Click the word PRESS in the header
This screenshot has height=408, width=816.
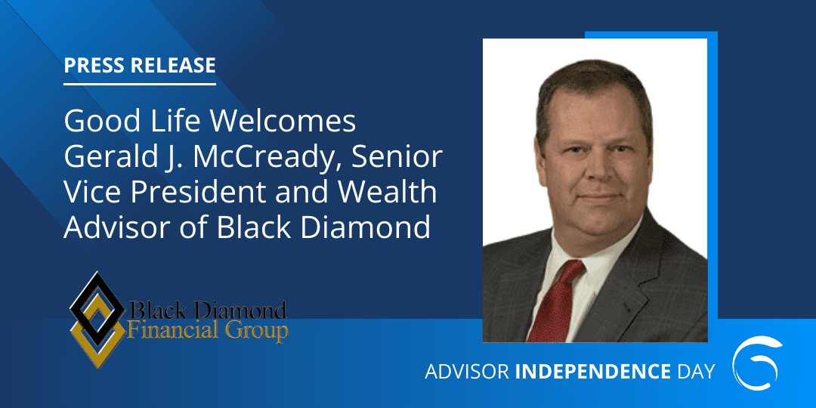(94, 65)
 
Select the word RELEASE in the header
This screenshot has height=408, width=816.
(172, 65)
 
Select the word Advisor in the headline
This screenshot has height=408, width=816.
(112, 227)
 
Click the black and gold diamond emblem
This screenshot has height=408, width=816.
(97, 319)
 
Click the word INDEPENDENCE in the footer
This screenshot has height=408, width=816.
(593, 372)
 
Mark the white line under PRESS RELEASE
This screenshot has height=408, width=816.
(140, 83)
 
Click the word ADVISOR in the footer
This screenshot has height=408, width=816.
(467, 372)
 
